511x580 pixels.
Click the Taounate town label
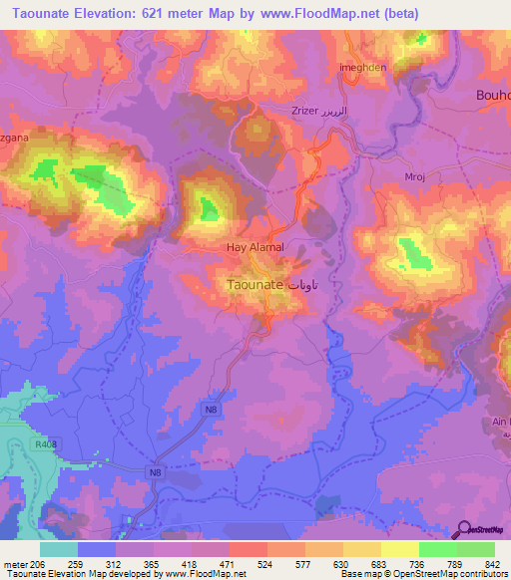(250, 284)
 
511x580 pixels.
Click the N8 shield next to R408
(155, 471)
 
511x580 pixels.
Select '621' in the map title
(172, 14)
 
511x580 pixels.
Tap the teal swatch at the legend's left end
(59, 548)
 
